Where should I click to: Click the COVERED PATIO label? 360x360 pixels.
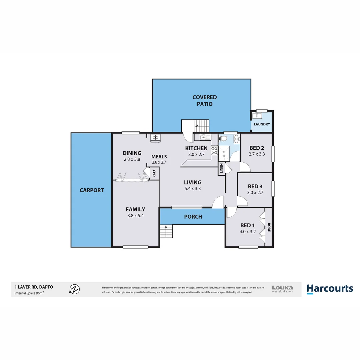coord(204,100)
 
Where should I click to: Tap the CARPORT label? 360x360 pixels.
coord(91,190)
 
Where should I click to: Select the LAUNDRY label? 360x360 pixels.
coord(262,124)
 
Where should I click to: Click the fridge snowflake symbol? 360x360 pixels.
coord(155,137)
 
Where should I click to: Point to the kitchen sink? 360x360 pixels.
coord(203,137)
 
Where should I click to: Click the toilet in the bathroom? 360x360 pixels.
coord(224,139)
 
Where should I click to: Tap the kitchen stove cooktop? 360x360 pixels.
coord(214,150)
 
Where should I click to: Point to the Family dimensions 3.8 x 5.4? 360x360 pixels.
coord(135,216)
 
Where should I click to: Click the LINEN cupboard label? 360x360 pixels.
coord(221,169)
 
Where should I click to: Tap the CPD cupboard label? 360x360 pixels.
coord(154,173)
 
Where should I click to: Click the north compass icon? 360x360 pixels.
coord(74,289)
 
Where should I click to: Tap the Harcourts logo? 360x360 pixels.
coord(330,289)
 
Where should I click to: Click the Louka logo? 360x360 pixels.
coord(282,289)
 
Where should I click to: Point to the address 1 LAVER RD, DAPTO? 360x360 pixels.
coord(33,287)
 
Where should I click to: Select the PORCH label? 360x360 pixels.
coord(193,217)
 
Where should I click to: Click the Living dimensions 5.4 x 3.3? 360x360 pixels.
coord(193,188)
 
